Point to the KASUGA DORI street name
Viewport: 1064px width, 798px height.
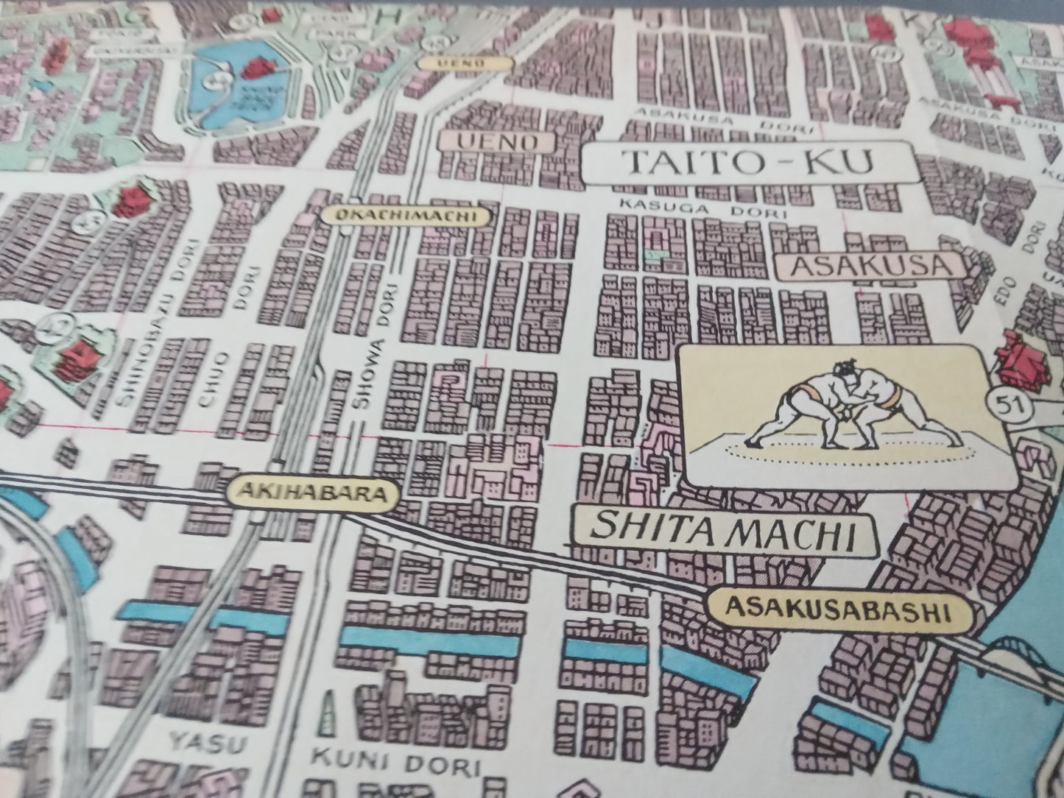pos(703,208)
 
